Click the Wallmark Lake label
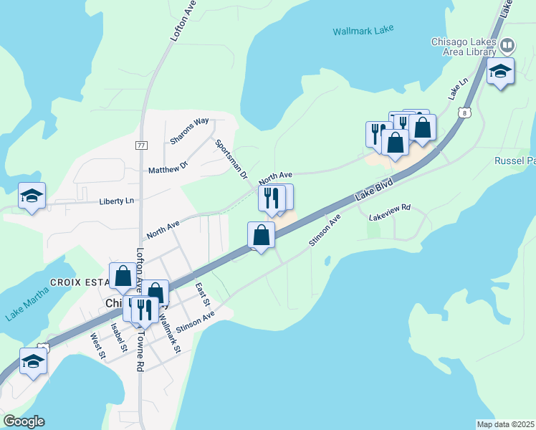pyautogui.click(x=363, y=32)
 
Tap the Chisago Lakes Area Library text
pyautogui.click(x=464, y=47)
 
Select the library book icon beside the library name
pyautogui.click(x=507, y=46)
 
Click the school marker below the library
pyautogui.click(x=500, y=71)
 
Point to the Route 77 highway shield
pyautogui.click(x=140, y=145)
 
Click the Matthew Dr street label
pyautogui.click(x=168, y=167)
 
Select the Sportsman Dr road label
pyautogui.click(x=231, y=159)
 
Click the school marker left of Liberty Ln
pyautogui.click(x=32, y=196)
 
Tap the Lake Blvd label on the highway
pyautogui.click(x=374, y=191)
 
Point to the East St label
pyautogui.click(x=201, y=292)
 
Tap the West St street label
pyautogui.click(x=98, y=345)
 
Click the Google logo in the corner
pyautogui.click(x=23, y=421)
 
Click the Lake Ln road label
pyautogui.click(x=457, y=89)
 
